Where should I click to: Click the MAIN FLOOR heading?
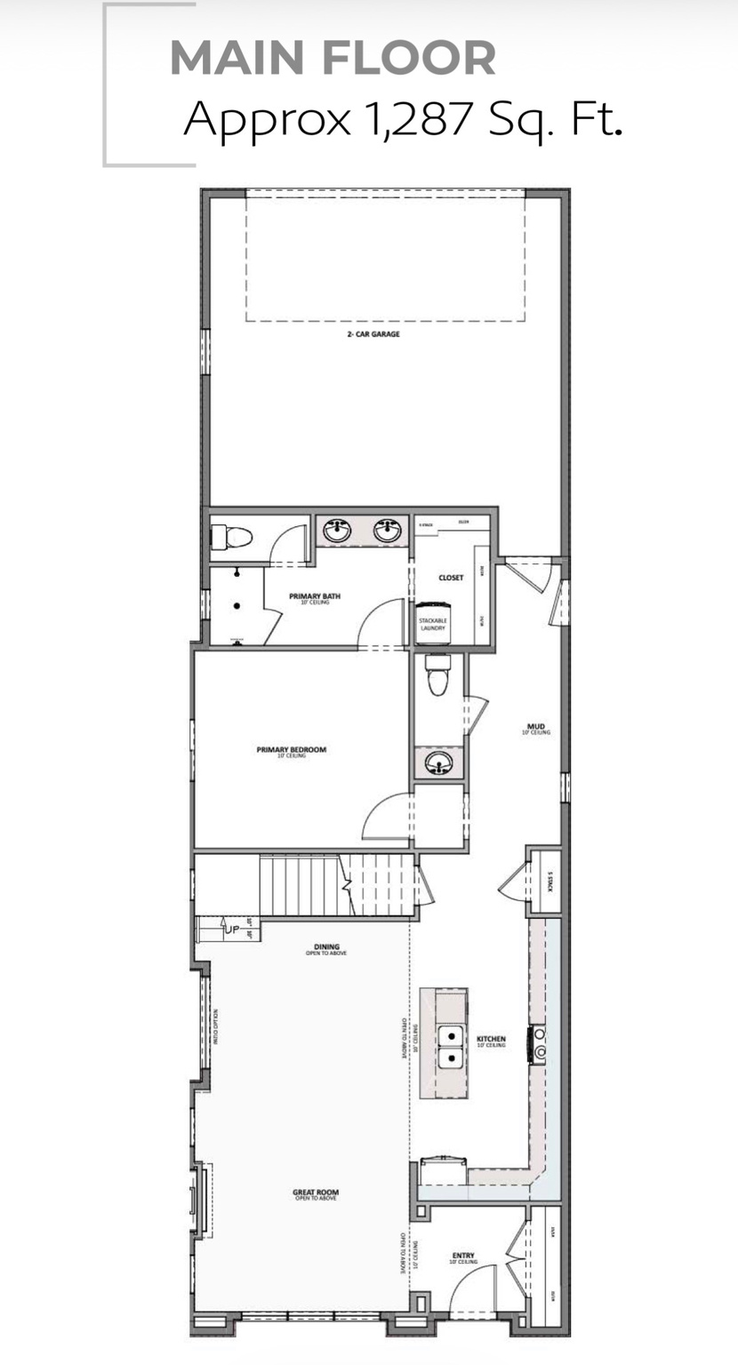333,58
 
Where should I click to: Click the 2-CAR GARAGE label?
373,335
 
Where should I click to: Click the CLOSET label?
451,578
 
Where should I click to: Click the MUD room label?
536,728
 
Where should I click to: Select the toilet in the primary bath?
232,537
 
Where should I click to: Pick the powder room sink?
437,762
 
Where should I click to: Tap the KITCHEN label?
491,1040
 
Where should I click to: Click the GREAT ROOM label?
316,1193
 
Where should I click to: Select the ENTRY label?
463,1257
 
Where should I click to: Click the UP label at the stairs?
231,930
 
